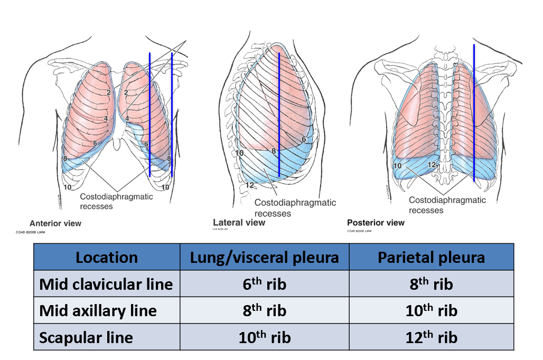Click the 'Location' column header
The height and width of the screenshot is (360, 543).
point(107,257)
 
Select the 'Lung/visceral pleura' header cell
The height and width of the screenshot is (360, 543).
point(264,257)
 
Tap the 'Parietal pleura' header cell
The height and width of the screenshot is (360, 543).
point(431,257)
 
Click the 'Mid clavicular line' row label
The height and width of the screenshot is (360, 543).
point(106,284)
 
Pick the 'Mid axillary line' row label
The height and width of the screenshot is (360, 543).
point(98,310)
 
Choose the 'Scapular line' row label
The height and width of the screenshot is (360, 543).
point(87,337)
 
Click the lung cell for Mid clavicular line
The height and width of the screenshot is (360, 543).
point(264,284)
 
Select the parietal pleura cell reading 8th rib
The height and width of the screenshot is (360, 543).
point(431,284)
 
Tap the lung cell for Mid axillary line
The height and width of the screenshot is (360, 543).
point(264,310)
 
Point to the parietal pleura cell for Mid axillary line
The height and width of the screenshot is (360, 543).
point(431,310)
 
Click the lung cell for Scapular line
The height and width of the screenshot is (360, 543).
point(264,337)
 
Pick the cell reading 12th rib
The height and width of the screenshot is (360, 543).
point(431,337)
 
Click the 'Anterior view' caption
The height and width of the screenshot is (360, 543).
point(55,223)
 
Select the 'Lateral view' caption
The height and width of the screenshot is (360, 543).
point(239,222)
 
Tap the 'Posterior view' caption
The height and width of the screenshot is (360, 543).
point(376,222)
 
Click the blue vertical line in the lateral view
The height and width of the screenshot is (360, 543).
point(279,116)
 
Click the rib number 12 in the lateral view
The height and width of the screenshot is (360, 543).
point(250,185)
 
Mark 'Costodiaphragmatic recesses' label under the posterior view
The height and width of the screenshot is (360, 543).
point(447,205)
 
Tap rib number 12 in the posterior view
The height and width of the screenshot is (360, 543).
point(432,165)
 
